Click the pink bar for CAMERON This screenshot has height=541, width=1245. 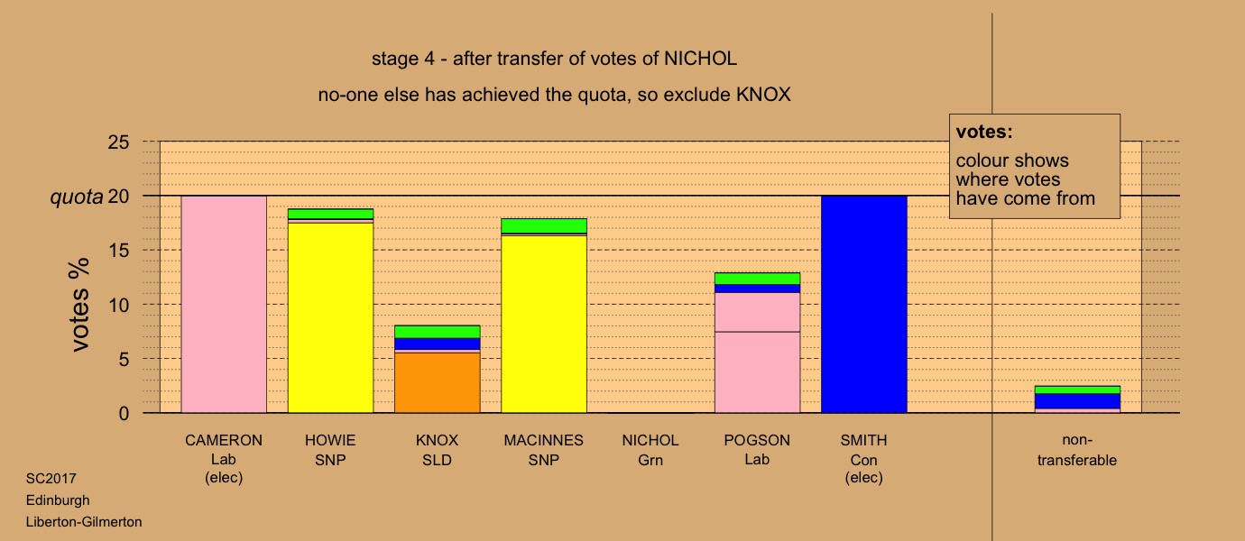(224, 304)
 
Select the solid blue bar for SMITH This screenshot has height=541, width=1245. (863, 304)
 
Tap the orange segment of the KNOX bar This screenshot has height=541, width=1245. (437, 382)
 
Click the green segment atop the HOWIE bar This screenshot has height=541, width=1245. (330, 214)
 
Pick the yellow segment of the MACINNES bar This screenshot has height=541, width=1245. (544, 325)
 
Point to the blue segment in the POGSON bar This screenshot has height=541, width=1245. (757, 289)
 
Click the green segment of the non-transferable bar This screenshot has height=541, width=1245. (1077, 390)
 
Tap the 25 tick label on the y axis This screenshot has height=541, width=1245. (118, 142)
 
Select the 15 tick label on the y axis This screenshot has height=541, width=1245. (118, 251)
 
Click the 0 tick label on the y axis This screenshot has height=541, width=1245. (124, 413)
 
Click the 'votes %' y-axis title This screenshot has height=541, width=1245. (80, 305)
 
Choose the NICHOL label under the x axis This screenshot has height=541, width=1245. (650, 441)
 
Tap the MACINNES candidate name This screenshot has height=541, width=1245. (544, 441)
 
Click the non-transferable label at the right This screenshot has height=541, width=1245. (1077, 450)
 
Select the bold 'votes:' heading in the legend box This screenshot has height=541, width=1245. (984, 132)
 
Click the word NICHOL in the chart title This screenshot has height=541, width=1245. (701, 59)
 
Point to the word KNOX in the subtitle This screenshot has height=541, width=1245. (763, 95)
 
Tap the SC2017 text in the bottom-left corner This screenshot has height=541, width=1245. (51, 479)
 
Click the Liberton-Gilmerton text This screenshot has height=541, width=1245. (84, 522)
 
